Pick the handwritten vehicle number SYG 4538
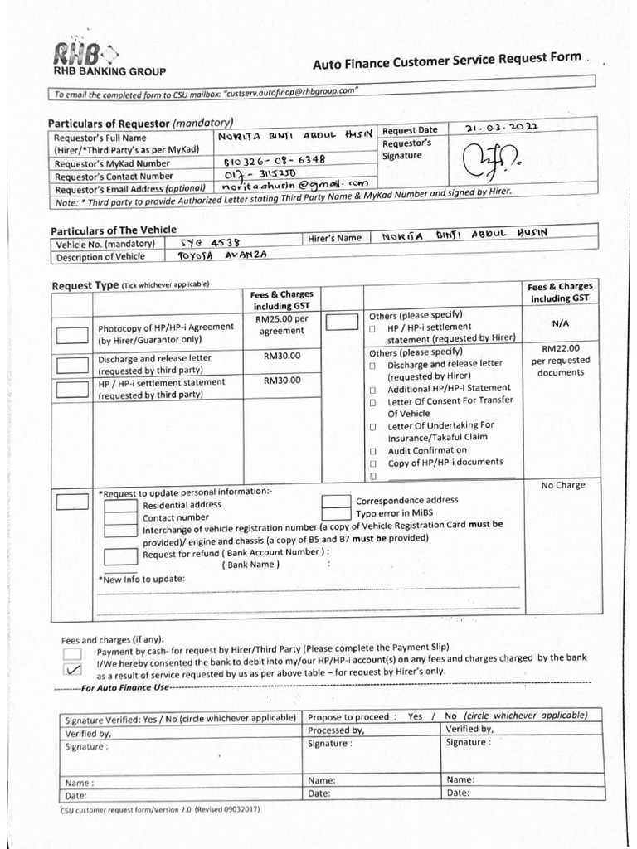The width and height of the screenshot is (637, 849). click(x=210, y=243)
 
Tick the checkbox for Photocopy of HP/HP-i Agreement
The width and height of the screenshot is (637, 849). click(x=72, y=335)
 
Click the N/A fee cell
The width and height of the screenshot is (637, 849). click(x=559, y=325)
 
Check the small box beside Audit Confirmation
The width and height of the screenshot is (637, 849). click(x=373, y=451)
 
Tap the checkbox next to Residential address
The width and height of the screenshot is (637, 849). click(x=120, y=505)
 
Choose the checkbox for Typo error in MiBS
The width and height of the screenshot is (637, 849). click(x=336, y=513)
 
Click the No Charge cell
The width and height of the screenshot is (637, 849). click(x=562, y=485)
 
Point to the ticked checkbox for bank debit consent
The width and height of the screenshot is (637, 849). click(x=72, y=670)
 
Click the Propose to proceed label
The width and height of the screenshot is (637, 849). click(x=348, y=716)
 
